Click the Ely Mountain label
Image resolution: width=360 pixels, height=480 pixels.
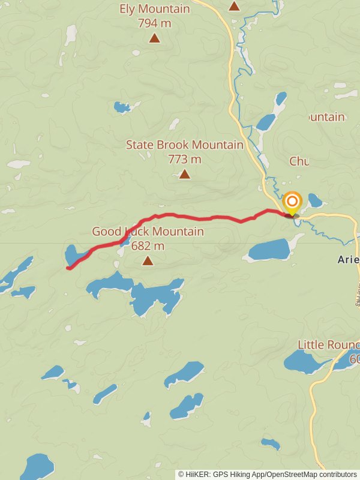(155, 9)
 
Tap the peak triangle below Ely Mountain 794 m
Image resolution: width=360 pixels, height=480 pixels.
(155, 38)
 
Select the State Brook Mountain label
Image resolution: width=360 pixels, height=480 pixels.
(185, 145)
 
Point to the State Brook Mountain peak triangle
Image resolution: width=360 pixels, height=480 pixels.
(185, 174)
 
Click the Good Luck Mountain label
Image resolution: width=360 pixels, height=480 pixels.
(148, 232)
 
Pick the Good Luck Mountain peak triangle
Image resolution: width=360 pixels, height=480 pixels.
(148, 260)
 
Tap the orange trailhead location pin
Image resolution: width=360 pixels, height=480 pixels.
(292, 202)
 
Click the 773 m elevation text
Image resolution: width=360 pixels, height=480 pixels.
(185, 160)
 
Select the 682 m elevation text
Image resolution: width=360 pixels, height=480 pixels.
(148, 246)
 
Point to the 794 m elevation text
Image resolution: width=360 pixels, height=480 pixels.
(155, 23)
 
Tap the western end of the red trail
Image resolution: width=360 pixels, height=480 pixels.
(68, 268)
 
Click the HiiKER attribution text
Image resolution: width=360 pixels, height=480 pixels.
(268, 474)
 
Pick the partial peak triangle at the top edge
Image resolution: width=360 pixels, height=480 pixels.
(235, 6)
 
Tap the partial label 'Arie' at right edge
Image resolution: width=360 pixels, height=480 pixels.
(348, 260)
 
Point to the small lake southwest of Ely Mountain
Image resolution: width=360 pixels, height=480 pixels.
(122, 107)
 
